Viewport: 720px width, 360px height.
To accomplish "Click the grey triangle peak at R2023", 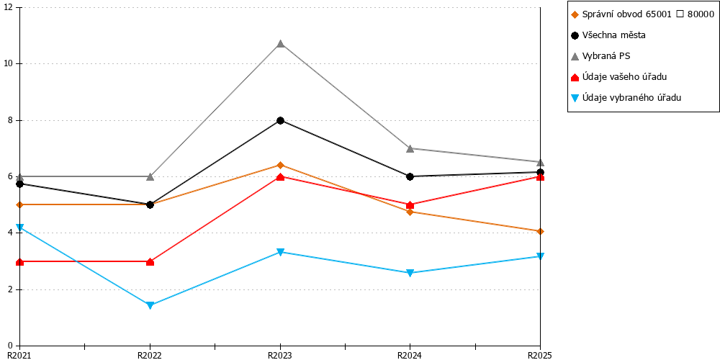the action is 280,44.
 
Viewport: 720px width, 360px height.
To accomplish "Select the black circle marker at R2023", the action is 280,120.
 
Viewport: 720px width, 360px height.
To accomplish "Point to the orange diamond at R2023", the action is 280,165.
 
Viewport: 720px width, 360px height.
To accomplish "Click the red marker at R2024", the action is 410,204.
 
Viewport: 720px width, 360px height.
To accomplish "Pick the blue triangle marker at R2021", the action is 19,228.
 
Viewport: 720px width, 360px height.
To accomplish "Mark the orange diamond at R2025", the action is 541,231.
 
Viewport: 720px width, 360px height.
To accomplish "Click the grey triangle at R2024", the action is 410,148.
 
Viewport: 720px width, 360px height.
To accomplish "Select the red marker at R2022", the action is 150,262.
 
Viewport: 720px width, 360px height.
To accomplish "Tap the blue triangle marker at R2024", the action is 410,273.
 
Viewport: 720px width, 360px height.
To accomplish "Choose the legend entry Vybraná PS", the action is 600,56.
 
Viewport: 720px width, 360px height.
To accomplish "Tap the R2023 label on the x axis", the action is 280,355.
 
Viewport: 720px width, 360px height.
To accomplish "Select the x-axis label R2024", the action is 410,355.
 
